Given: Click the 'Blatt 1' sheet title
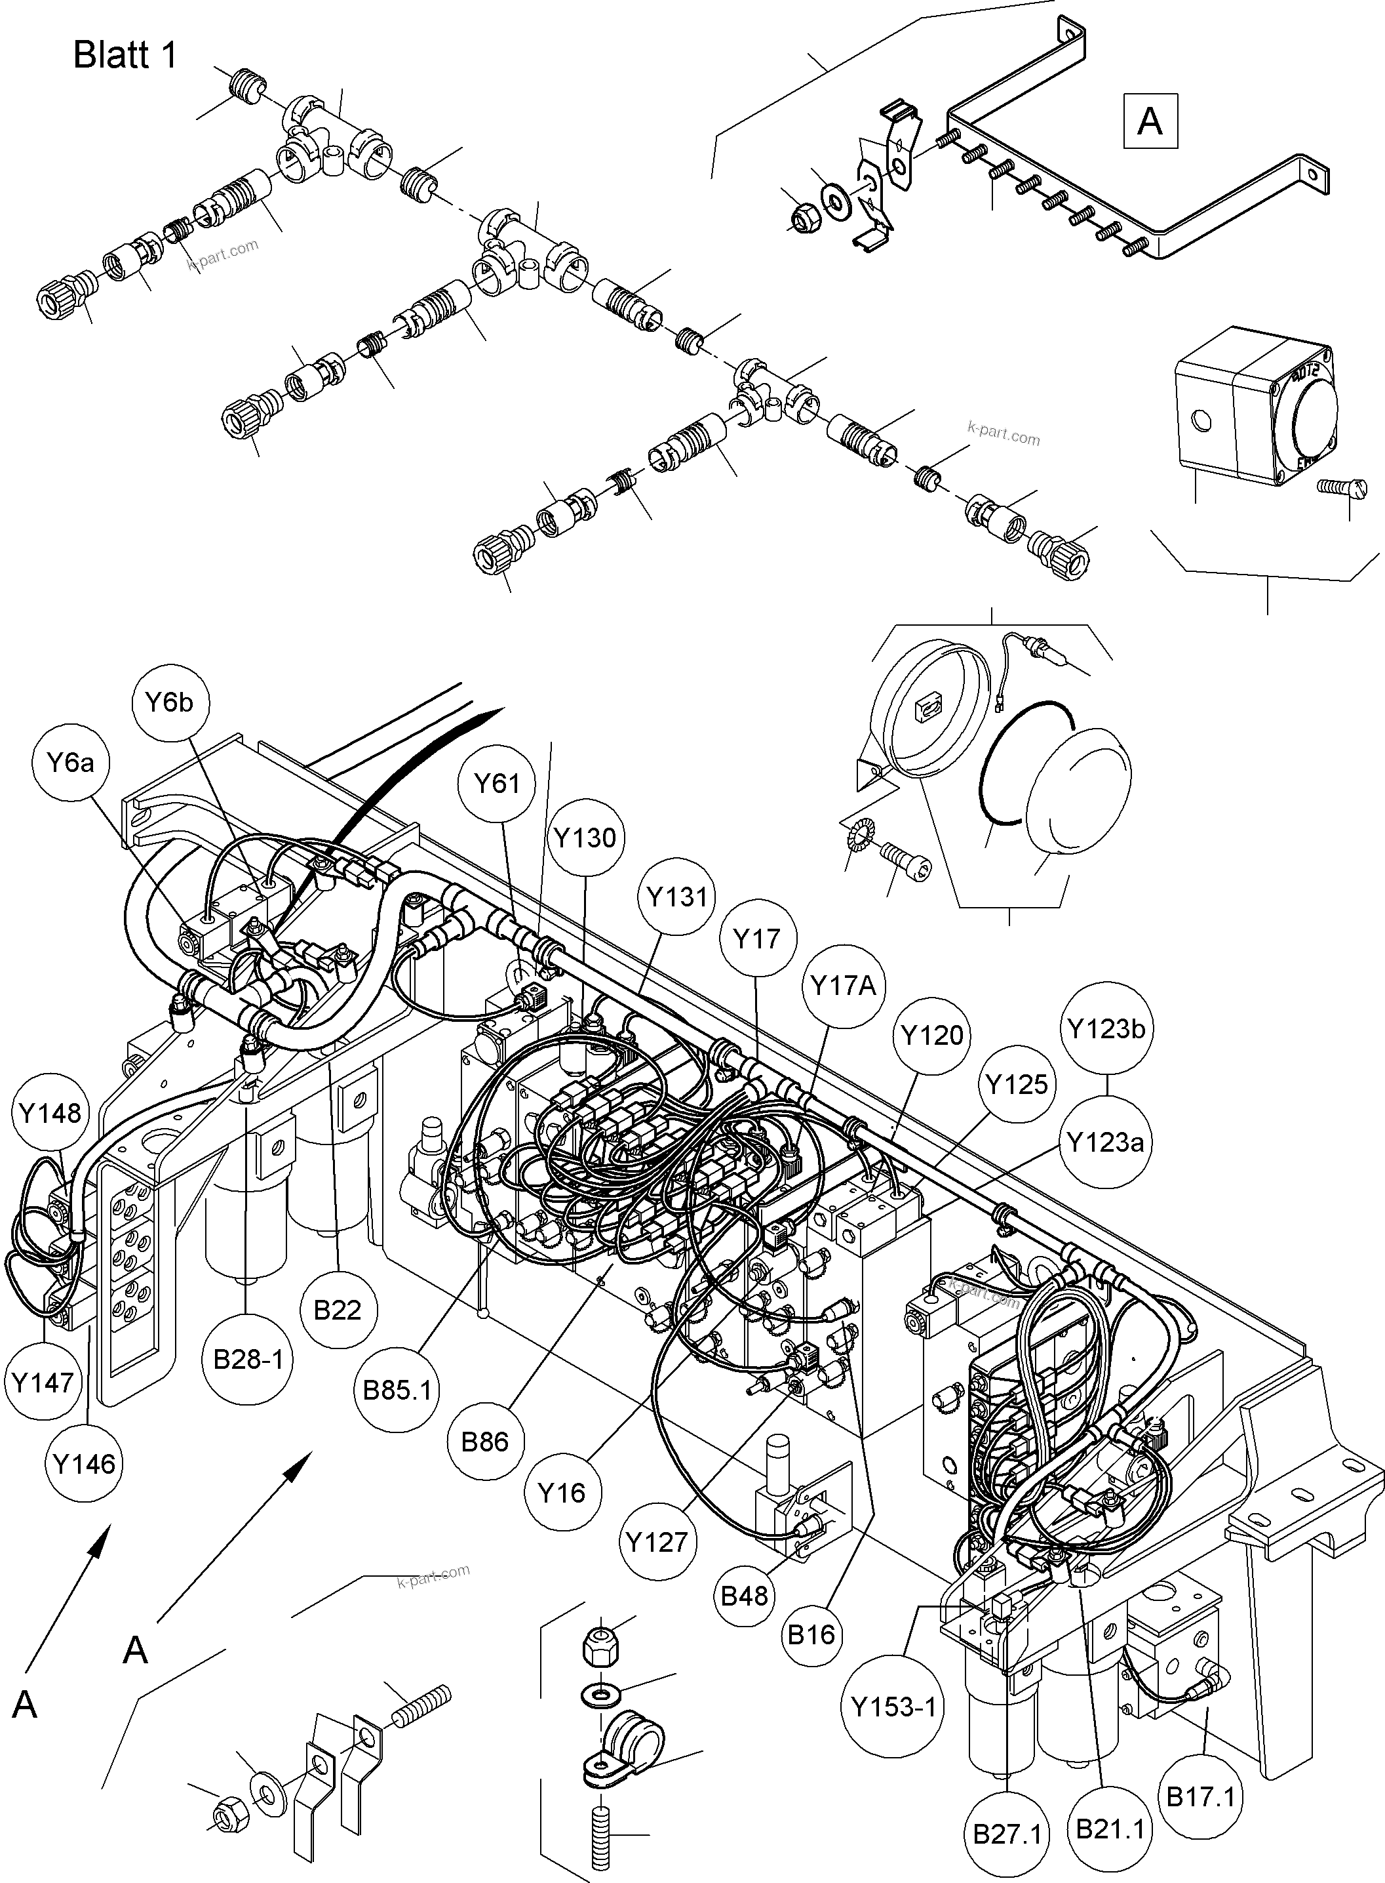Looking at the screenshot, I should point(126,55).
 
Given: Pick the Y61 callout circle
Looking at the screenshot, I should point(497,783).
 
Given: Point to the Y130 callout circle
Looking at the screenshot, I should point(585,837).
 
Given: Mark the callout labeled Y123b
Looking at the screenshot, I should point(1106,1028).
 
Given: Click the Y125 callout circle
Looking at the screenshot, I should point(1016,1085).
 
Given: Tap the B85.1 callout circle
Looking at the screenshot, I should point(397,1390).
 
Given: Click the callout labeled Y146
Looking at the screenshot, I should point(84,1465).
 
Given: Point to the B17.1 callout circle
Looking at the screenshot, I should point(1201,1796).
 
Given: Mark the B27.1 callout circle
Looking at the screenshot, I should point(1007,1834).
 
